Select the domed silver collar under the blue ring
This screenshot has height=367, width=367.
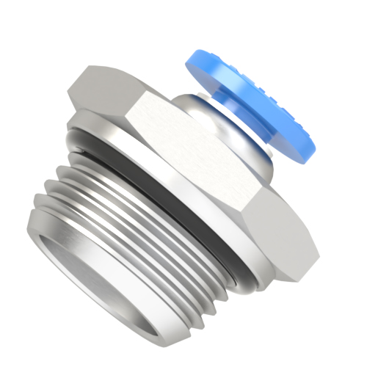[213, 128]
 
